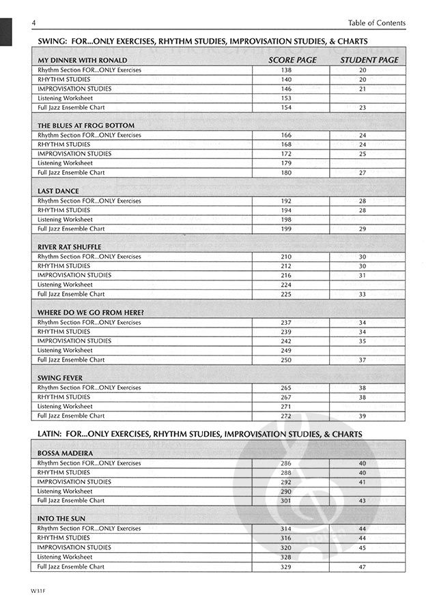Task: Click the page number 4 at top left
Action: [x=33, y=23]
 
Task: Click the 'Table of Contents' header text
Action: [x=376, y=23]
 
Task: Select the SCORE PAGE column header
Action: [x=292, y=60]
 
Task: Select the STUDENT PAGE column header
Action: [x=369, y=60]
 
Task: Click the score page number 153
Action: [x=286, y=98]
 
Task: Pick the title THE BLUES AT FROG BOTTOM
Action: [x=86, y=126]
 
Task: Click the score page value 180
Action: [x=286, y=173]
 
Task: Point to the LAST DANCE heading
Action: [x=58, y=192]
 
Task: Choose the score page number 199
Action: [x=286, y=229]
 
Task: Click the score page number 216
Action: [x=286, y=276]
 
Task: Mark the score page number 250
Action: [x=286, y=360]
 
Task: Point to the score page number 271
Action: [x=286, y=406]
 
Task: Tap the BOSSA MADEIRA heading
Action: [x=66, y=453]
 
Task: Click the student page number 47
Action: [x=363, y=567]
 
